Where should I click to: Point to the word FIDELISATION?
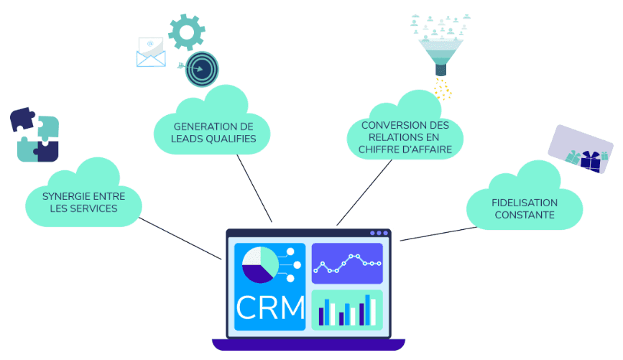[x=525, y=203]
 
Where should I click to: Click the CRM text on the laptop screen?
[x=271, y=307]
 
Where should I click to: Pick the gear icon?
[x=187, y=32]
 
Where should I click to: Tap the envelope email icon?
[x=151, y=52]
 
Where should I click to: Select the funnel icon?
[x=440, y=55]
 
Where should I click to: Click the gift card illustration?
[x=581, y=149]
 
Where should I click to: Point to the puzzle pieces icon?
[x=34, y=134]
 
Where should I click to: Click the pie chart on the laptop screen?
[x=260, y=264]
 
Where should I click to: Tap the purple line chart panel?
[x=347, y=264]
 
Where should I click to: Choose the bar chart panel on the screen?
[x=347, y=310]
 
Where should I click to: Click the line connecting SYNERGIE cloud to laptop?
[x=180, y=239]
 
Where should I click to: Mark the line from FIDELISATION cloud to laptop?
[x=438, y=234]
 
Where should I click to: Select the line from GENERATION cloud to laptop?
[x=254, y=188]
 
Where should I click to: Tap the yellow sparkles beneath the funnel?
[x=443, y=89]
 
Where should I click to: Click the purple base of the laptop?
[x=309, y=344]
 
